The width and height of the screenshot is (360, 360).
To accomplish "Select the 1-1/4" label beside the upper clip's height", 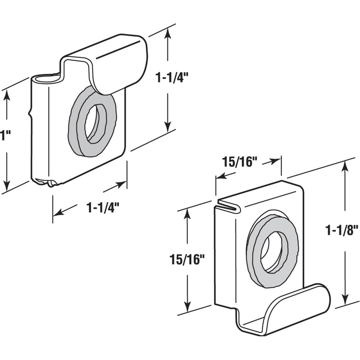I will [171, 77].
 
